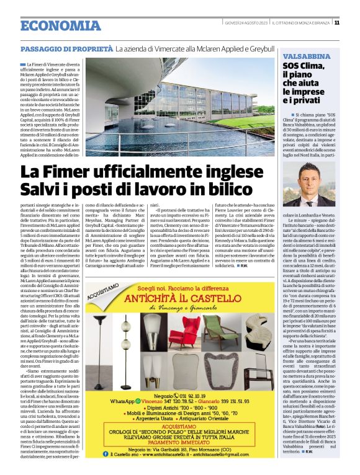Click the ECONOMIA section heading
coord(60,26)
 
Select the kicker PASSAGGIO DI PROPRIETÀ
coord(66,48)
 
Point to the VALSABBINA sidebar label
coord(297,55)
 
